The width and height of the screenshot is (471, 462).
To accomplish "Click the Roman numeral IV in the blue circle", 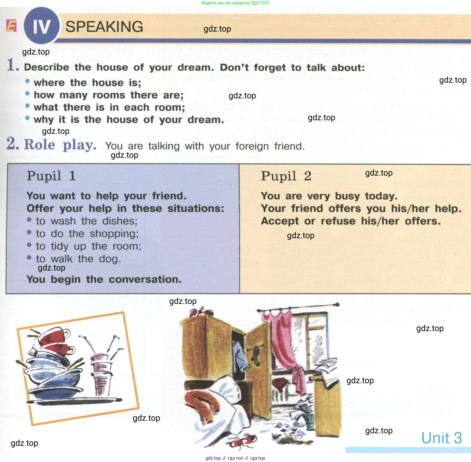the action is click(x=42, y=27).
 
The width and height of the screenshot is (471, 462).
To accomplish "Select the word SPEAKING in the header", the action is click(x=104, y=27).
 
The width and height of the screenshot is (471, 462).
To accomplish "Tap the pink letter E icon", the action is click(x=11, y=26).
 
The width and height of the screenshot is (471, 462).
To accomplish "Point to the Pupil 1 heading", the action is click(x=51, y=176).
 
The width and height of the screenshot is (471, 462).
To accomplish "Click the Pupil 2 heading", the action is click(x=286, y=176).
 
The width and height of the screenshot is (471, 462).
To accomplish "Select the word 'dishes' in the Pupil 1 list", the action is click(x=120, y=221).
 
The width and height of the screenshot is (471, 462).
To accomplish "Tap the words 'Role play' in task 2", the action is click(x=60, y=145).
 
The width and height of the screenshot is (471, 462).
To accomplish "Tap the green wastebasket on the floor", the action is click(x=309, y=421).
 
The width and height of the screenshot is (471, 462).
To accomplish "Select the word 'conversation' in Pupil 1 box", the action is click(x=145, y=279).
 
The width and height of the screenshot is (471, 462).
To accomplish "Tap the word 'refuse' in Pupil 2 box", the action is click(x=338, y=221).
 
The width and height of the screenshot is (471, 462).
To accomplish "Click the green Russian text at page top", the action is click(x=235, y=3).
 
